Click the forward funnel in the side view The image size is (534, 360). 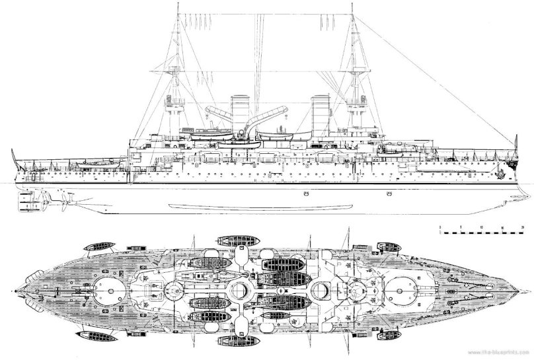[x=321, y=112]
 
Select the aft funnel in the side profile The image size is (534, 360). [x=241, y=112]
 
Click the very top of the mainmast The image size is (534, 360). [x=180, y=3]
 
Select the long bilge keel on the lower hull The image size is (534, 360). [x=264, y=206]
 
